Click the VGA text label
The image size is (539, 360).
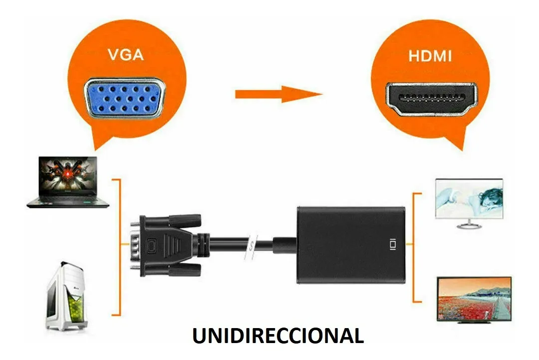point(126,54)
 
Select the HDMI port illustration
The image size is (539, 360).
point(430,99)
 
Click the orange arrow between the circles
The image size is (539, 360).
point(278,94)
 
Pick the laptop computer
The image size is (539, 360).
point(68,181)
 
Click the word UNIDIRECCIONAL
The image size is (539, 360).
point(277,336)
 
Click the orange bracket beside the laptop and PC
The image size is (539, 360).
point(118,247)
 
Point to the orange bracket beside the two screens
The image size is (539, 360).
point(414,247)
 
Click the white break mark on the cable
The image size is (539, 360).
point(253,244)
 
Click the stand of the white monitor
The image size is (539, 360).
point(469,224)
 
